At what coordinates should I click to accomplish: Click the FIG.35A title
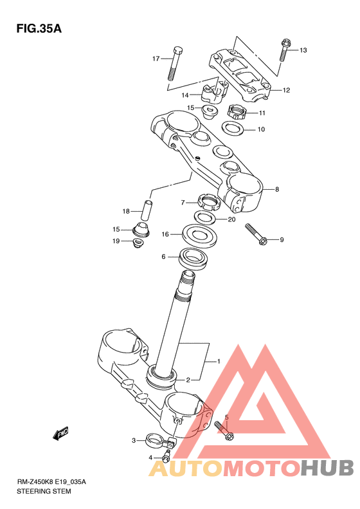pyautogui.click(x=39, y=28)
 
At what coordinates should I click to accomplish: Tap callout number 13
pyautogui.click(x=303, y=50)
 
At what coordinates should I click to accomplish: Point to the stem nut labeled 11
pyautogui.click(x=237, y=113)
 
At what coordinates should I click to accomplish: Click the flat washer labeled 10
pyautogui.click(x=233, y=128)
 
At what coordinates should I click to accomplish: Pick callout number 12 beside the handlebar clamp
pyautogui.click(x=286, y=90)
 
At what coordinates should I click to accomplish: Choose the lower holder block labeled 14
pyautogui.click(x=214, y=92)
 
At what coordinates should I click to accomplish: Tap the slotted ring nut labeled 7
pyautogui.click(x=209, y=202)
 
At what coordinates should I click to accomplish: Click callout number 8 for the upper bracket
pyautogui.click(x=277, y=189)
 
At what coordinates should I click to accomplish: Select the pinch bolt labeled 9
pyautogui.click(x=256, y=234)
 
